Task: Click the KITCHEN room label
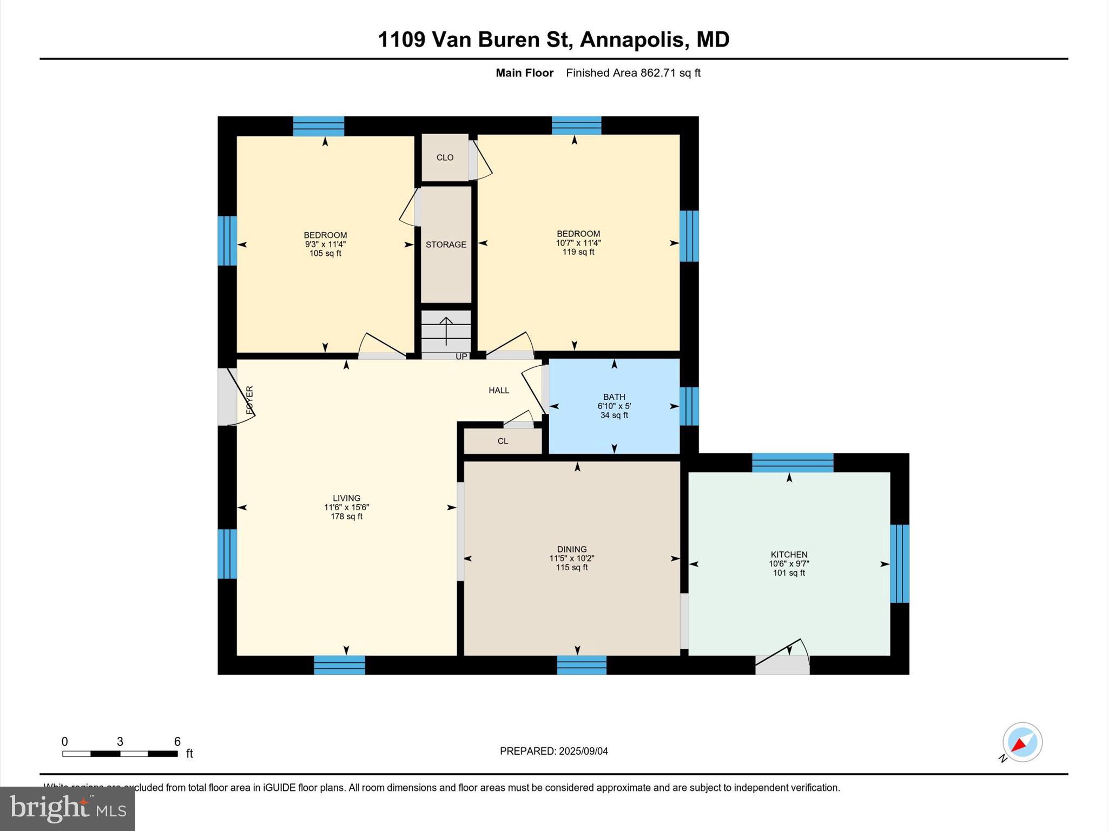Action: (789, 555)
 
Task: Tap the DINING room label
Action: (572, 549)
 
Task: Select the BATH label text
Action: (614, 397)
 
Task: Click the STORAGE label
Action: (446, 245)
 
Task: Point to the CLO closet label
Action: (445, 157)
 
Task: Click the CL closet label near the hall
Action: (503, 441)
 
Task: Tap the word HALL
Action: (499, 390)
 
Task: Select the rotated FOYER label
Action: (249, 400)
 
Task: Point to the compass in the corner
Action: (1022, 742)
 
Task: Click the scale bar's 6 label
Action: (177, 742)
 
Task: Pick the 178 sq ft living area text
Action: (346, 517)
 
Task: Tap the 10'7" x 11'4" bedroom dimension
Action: (578, 243)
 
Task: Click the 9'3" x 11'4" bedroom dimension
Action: (325, 244)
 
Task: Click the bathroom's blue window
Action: (689, 406)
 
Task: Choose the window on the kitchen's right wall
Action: (899, 563)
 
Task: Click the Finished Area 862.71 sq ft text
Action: (633, 73)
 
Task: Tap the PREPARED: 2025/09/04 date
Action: (553, 751)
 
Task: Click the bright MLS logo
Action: (68, 809)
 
